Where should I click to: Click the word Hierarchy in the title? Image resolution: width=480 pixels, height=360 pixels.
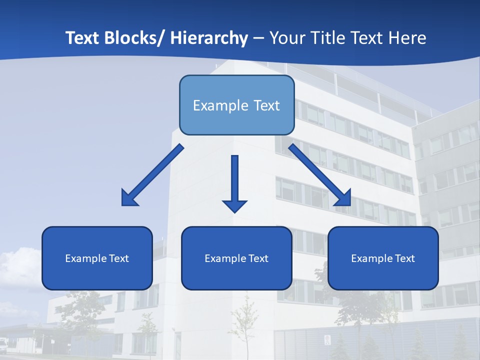point(209,38)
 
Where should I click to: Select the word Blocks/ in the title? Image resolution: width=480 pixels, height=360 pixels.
point(135,38)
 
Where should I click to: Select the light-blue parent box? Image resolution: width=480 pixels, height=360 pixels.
point(236,105)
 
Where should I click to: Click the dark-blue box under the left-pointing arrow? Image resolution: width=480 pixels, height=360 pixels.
point(97,258)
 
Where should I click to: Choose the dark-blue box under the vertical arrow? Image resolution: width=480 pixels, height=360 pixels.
point(236,258)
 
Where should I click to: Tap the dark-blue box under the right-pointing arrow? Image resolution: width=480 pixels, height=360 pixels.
point(383,258)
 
